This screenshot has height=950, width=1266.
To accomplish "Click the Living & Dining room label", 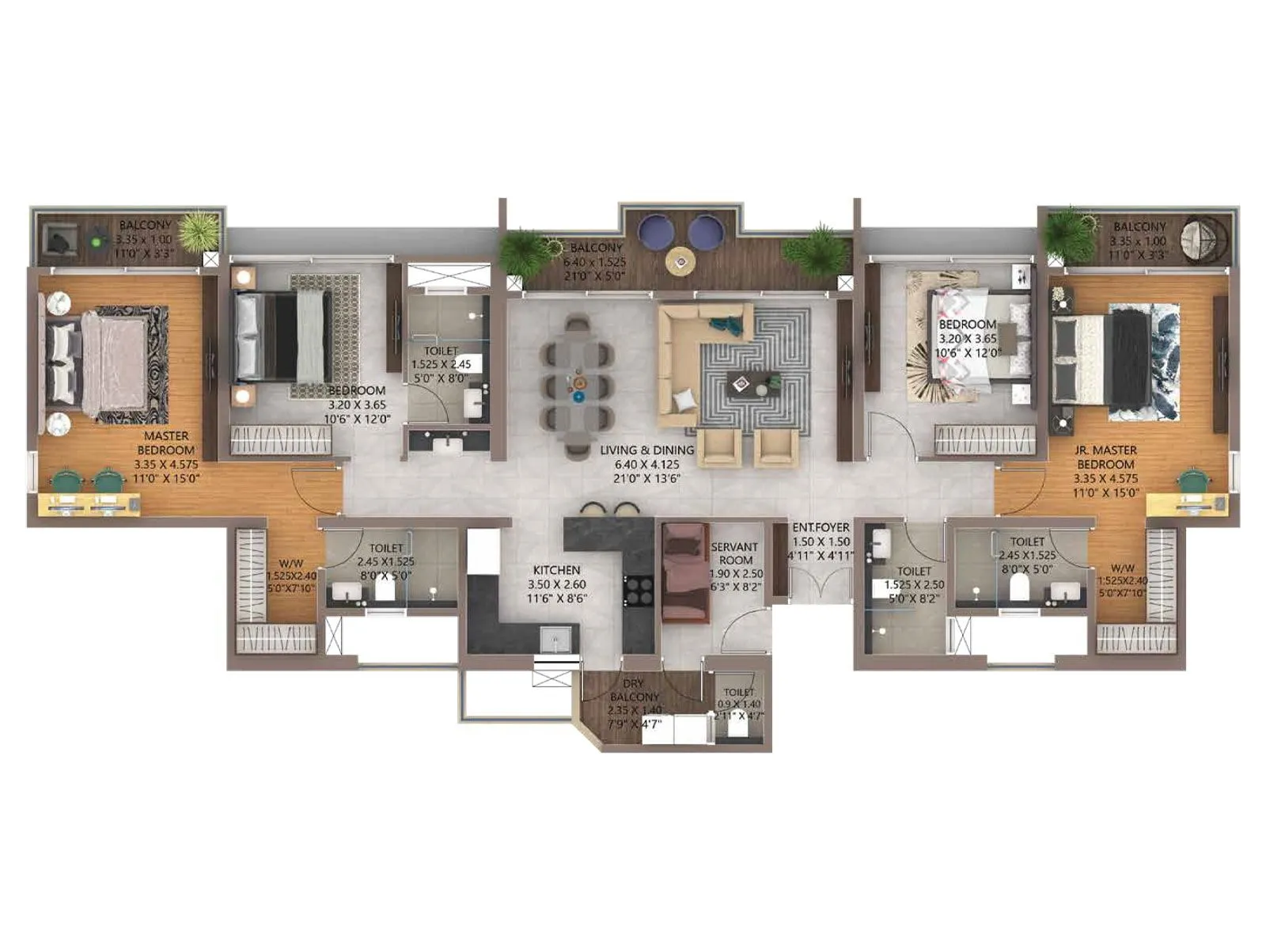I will tap(646, 450).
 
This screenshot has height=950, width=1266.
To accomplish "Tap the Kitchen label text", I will tap(556, 570).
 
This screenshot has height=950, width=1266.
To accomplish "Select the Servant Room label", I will tap(734, 553).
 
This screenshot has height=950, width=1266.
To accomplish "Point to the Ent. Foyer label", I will tap(821, 527).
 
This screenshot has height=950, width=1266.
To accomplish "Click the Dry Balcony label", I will tap(634, 690).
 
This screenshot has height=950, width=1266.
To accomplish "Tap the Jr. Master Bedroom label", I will tap(1105, 457).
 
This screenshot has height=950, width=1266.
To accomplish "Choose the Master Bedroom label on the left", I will tap(166, 443).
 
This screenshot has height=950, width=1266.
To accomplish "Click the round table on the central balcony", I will tap(680, 260).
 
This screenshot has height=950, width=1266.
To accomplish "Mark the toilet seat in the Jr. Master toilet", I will tap(1020, 587).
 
